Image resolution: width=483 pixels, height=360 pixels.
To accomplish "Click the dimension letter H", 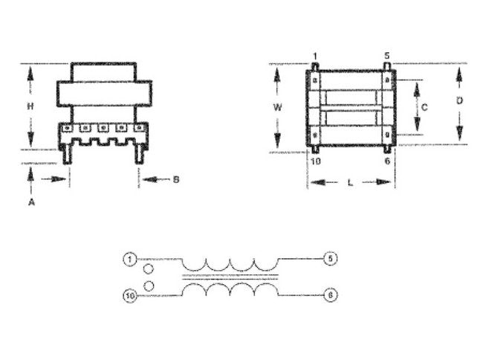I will [30, 106].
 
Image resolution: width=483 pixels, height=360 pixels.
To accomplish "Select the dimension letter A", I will [30, 202].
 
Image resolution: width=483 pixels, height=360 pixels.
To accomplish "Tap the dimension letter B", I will [176, 179].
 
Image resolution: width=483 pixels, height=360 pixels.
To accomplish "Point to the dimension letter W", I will [277, 107].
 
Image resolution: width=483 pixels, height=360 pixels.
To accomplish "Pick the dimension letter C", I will [424, 107].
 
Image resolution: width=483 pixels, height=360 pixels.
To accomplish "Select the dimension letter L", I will [350, 182].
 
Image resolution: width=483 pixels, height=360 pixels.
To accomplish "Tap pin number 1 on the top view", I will [314, 56].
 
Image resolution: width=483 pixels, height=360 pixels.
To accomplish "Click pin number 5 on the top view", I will [386, 56].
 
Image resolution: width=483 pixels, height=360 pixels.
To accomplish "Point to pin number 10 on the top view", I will [315, 161].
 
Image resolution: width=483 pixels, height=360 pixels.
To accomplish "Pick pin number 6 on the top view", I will [387, 161].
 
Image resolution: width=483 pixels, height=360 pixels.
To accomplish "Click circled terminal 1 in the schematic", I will [129, 259].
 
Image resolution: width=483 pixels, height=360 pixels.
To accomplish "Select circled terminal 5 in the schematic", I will [330, 259].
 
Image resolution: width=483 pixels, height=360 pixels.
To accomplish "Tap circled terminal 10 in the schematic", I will [129, 295].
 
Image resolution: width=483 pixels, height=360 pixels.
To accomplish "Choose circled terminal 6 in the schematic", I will [330, 295].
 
